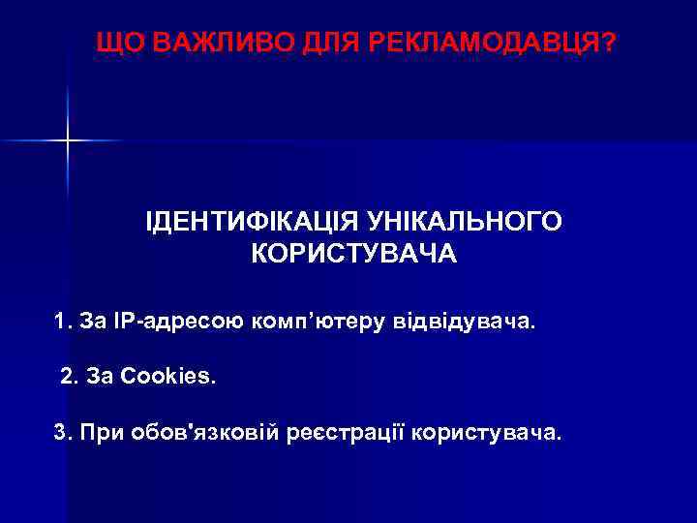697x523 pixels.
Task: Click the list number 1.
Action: pos(62,320)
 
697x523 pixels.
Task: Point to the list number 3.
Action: pos(61,431)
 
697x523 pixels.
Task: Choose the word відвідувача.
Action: pos(463,320)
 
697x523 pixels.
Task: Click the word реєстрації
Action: pos(346,432)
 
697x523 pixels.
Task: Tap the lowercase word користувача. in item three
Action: pos(486,432)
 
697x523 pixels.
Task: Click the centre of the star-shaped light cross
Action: pos(68,141)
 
